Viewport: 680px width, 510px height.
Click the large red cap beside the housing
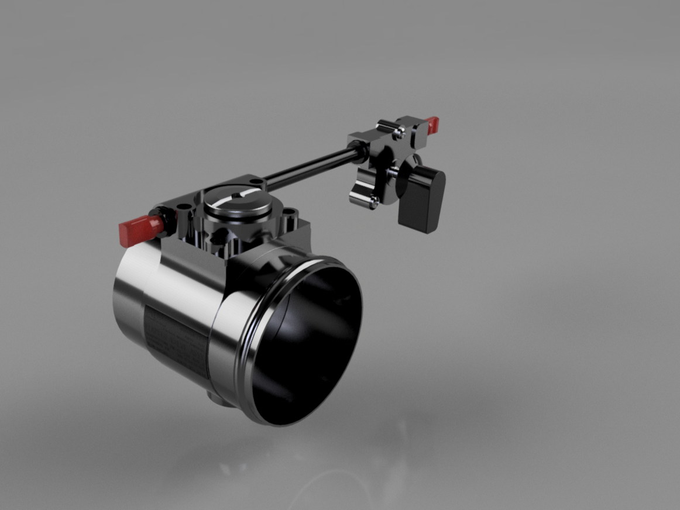click(x=139, y=229)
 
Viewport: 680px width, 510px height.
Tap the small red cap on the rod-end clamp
click(x=432, y=124)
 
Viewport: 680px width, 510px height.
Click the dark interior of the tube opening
click(x=310, y=345)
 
